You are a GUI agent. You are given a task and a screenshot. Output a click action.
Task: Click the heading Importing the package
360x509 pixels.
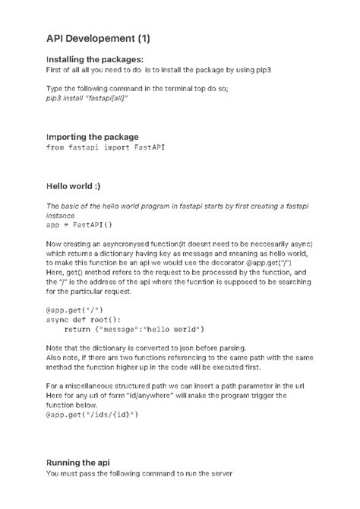pyautogui.click(x=93, y=137)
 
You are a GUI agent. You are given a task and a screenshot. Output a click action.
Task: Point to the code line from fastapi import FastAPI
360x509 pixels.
pyautogui.click(x=106, y=148)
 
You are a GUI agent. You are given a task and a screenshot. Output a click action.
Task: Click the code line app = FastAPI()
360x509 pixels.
pyautogui.click(x=79, y=226)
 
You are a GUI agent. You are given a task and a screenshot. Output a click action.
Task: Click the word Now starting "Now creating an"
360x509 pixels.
pyautogui.click(x=55, y=243)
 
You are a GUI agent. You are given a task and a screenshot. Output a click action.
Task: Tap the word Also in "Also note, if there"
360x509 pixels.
pyautogui.click(x=55, y=357)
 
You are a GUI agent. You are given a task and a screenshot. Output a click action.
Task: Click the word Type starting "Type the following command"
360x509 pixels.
pyautogui.click(x=55, y=89)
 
